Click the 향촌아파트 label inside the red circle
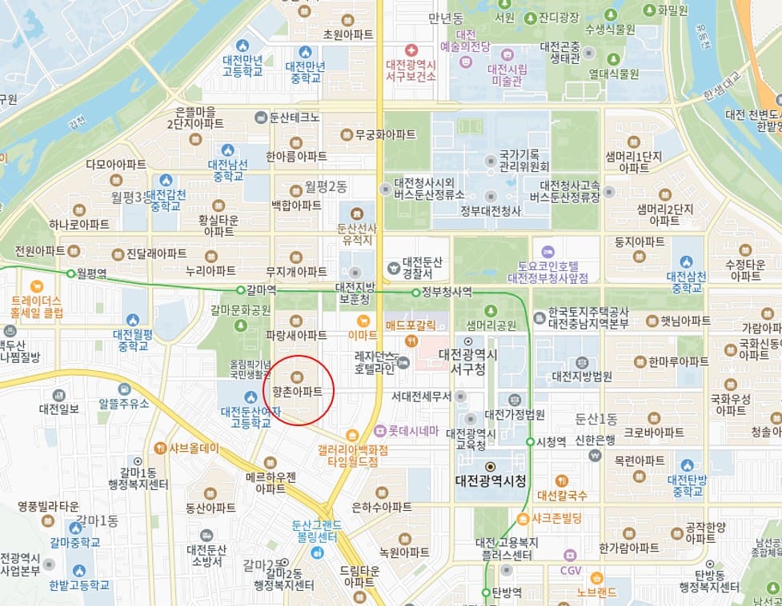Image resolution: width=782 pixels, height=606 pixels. coord(297,392)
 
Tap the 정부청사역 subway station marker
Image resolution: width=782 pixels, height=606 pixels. coord(415,292)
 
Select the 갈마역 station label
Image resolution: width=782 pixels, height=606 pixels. coord(262,289)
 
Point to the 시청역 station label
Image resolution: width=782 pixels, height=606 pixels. coord(551,441)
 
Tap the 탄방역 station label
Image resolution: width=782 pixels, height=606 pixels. coord(507,592)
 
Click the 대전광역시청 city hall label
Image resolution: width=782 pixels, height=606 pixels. coord(491,481)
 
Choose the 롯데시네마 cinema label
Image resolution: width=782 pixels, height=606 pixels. coord(413,430)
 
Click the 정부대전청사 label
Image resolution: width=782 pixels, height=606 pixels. coord(491,211)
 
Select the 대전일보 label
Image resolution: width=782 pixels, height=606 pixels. coord(58,409)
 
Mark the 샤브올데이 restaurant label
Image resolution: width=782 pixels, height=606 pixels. coord(194,448)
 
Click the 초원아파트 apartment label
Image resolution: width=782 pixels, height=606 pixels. coord(347,34)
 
